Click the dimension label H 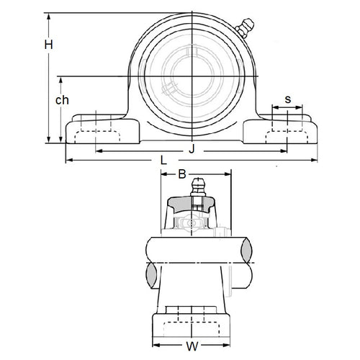coord(48,45)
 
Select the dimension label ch coord(62,101)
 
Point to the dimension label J coord(191,149)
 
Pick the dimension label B coord(182,174)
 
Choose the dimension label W coord(191,346)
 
